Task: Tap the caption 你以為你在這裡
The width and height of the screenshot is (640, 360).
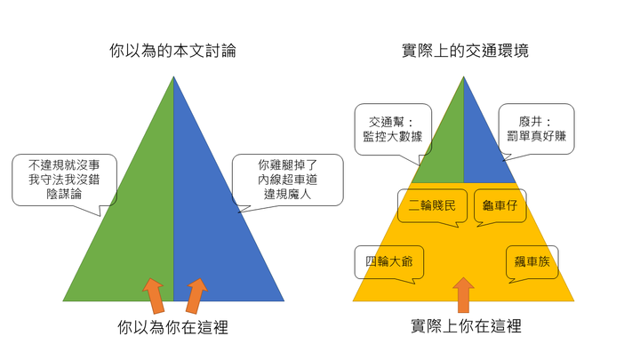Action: tap(172, 327)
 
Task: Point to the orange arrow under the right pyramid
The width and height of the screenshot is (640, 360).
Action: tap(463, 294)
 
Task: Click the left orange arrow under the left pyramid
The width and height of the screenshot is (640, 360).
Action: tap(153, 294)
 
